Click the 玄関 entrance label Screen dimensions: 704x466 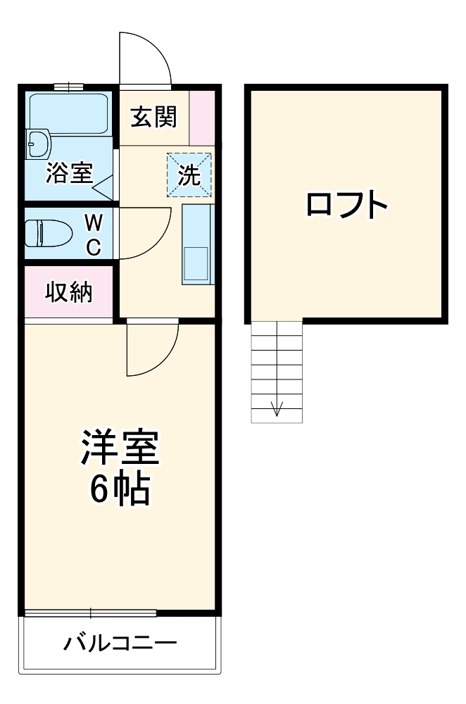point(153,117)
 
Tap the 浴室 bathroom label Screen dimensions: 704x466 point(69,172)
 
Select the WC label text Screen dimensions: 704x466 point(94,235)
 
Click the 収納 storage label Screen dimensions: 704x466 point(69,292)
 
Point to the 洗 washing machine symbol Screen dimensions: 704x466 point(189,175)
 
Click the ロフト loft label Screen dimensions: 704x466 point(346,205)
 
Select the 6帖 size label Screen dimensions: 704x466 point(119,490)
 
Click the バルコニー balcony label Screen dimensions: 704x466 point(120,643)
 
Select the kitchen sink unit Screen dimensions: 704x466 point(196,244)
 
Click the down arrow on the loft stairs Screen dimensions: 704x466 point(277,408)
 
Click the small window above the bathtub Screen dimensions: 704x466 point(68,87)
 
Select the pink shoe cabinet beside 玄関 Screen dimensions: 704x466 point(201,117)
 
